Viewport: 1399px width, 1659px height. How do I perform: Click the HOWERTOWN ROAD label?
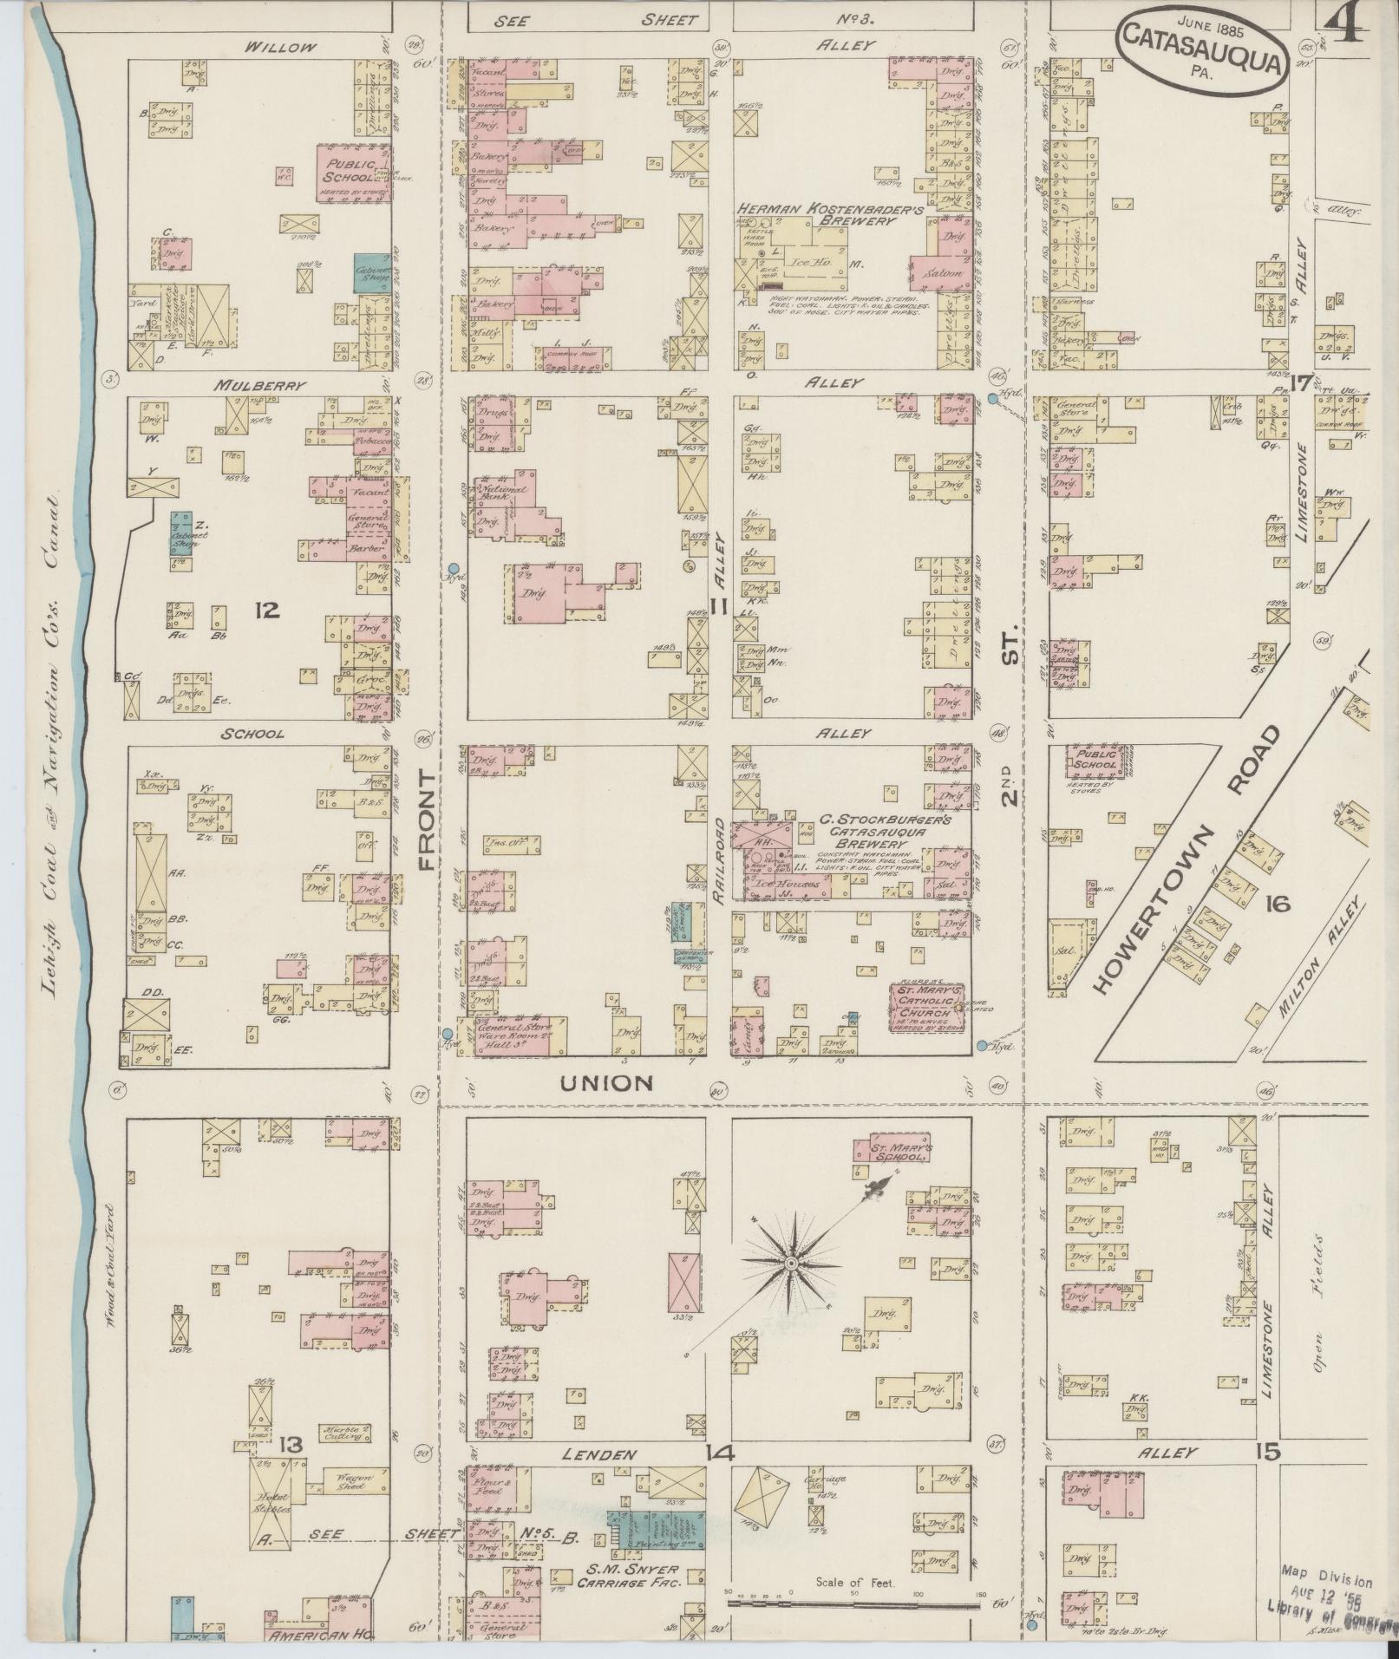coord(1185,858)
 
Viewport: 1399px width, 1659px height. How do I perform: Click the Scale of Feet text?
coord(854,1582)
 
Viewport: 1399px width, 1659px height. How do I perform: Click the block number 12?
coord(266,611)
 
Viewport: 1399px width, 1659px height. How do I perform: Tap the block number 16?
coord(1277,905)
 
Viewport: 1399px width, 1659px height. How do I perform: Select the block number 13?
coord(291,1444)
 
